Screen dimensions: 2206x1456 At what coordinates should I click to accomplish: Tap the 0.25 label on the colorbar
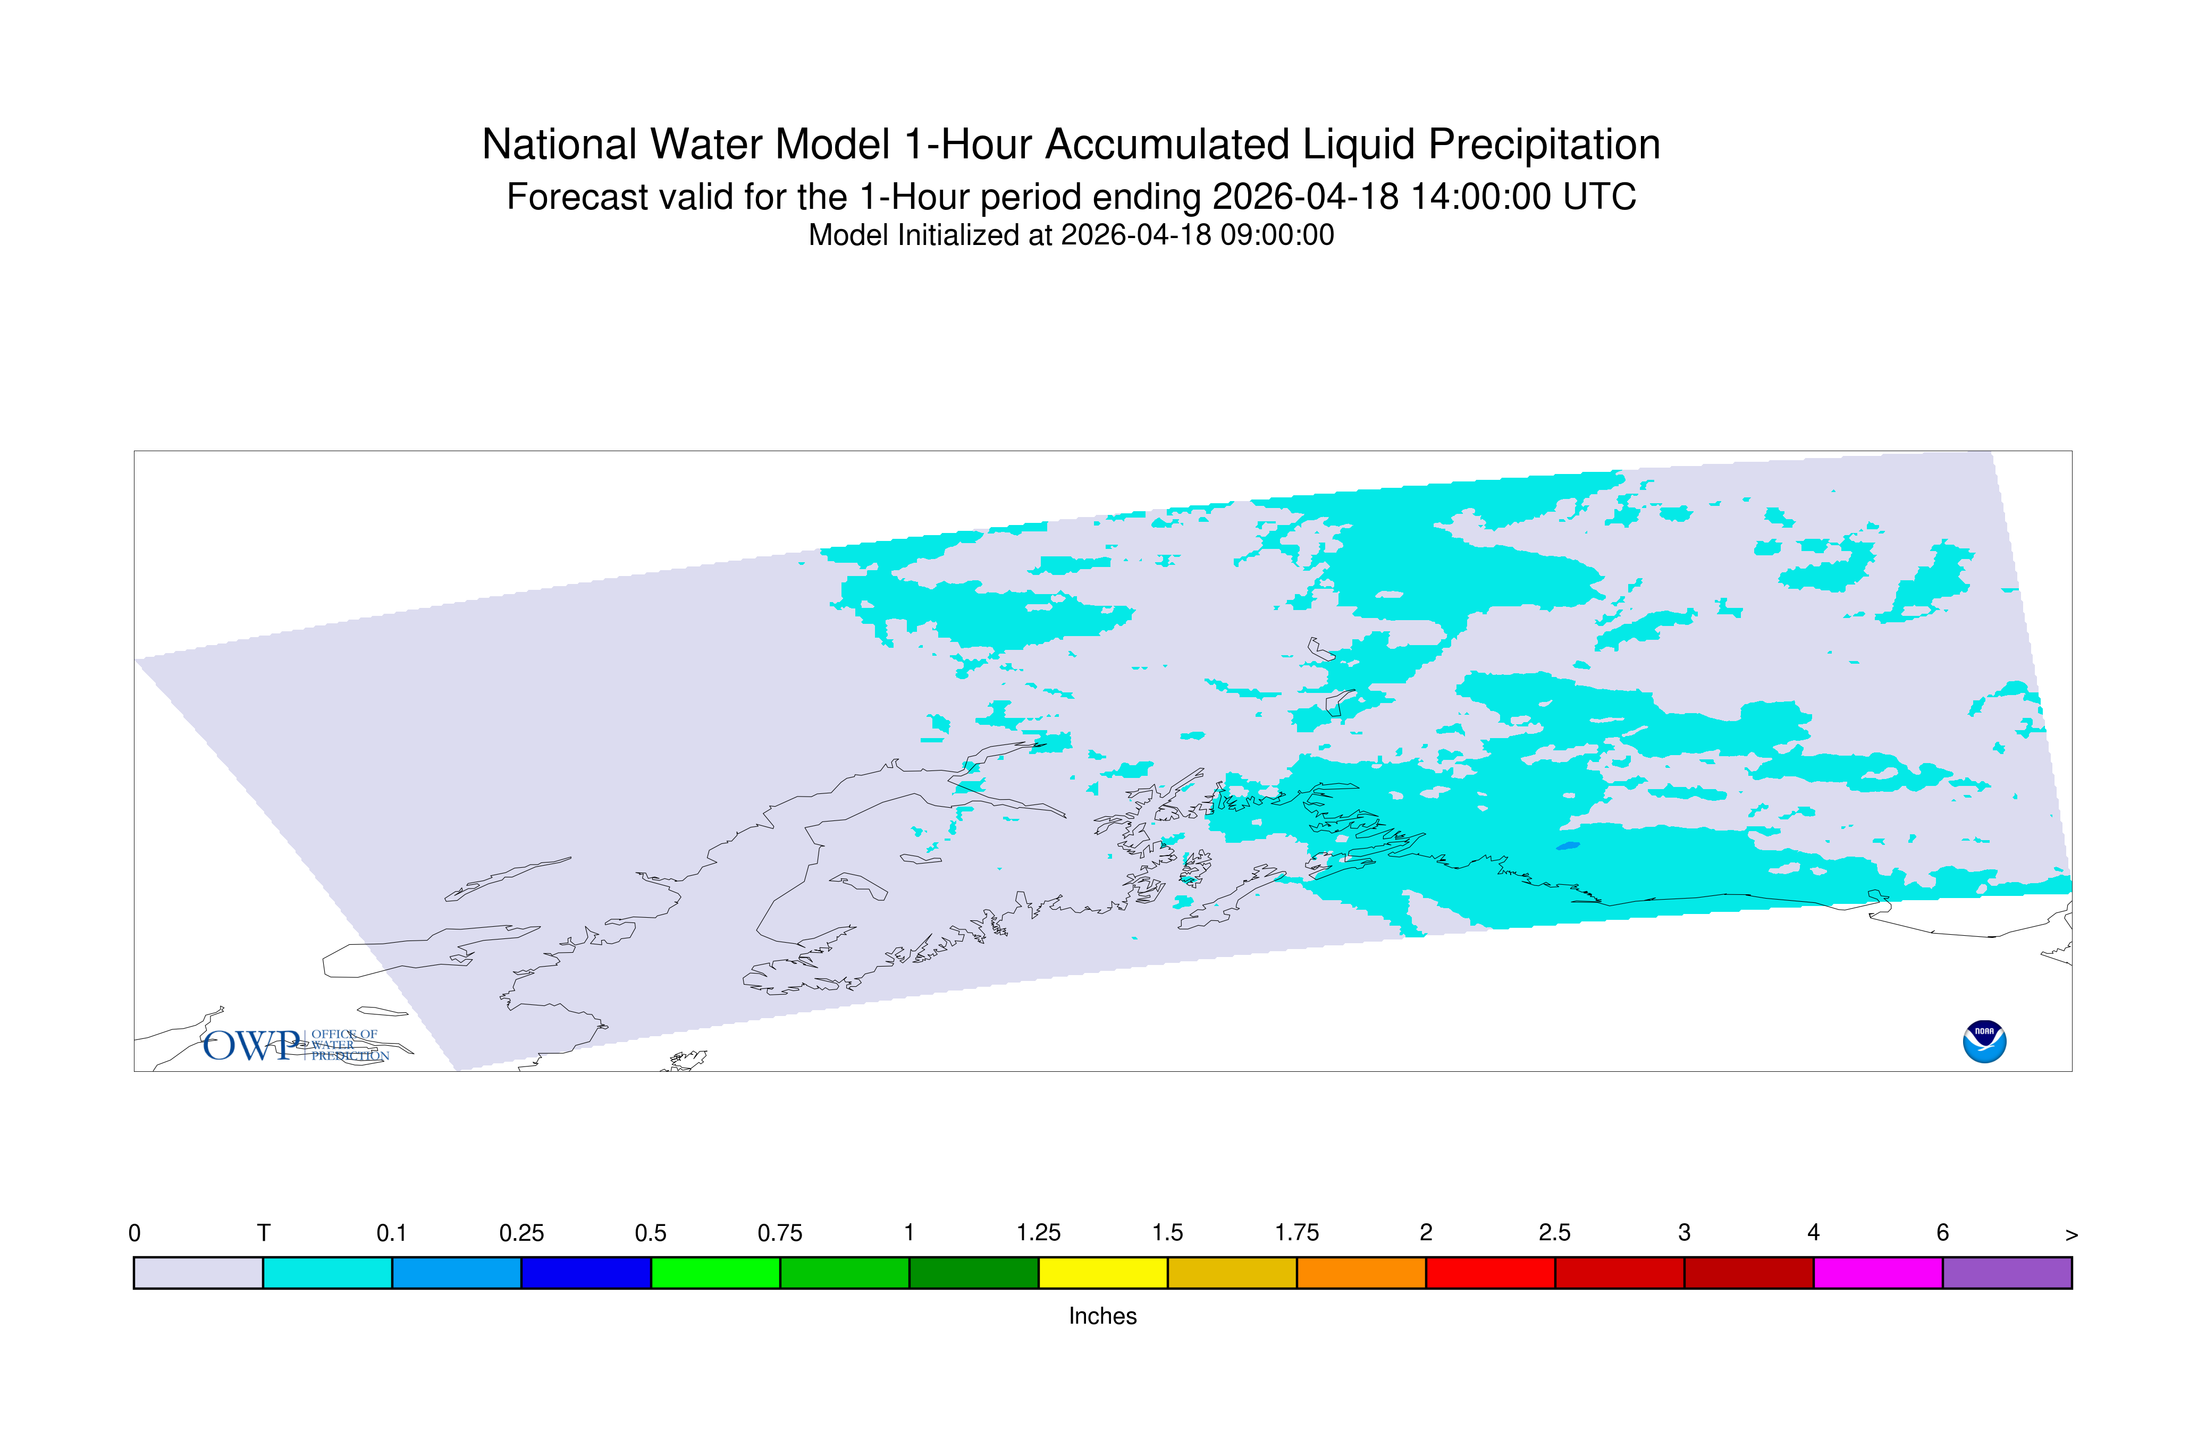click(521, 1233)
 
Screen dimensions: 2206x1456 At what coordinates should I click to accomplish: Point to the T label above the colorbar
click(264, 1233)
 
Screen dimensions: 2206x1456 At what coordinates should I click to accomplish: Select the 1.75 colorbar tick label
click(1296, 1233)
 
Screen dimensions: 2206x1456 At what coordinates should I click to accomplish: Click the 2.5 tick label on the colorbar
click(1555, 1233)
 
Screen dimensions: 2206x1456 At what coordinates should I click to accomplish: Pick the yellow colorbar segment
click(1102, 1273)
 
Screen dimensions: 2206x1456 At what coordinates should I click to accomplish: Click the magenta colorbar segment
click(1878, 1273)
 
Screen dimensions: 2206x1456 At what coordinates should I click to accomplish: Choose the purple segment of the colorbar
click(2007, 1273)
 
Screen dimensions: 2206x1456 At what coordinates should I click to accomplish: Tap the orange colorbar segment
click(1361, 1273)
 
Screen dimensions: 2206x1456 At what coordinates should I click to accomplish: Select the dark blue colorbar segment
click(586, 1273)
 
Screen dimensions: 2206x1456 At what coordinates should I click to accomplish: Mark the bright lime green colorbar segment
click(715, 1273)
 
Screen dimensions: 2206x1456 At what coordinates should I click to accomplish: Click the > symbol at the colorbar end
click(2072, 1235)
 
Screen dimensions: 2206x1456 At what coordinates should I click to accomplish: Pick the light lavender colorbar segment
click(199, 1273)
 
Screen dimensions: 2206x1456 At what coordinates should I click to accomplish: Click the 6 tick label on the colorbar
click(1942, 1233)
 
